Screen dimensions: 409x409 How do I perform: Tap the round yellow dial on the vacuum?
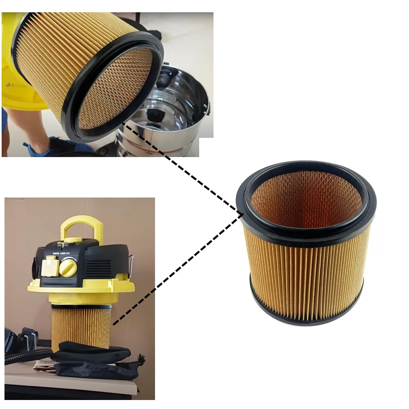click(67, 268)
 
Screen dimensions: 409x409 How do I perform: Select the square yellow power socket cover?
click(48, 266)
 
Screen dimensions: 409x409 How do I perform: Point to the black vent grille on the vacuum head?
click(98, 268)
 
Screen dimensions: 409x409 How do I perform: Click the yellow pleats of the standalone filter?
click(307, 274)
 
